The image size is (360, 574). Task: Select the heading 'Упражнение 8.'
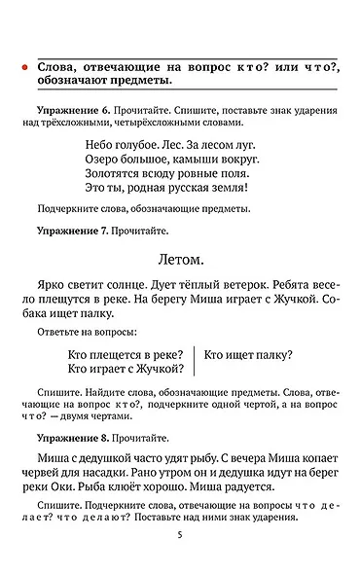pyautogui.click(x=76, y=439)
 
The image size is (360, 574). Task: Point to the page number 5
pyautogui.click(x=180, y=535)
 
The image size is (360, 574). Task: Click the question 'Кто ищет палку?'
pyautogui.click(x=248, y=355)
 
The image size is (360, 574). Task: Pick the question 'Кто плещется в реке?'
pyautogui.click(x=126, y=355)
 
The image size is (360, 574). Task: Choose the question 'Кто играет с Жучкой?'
pyautogui.click(x=126, y=370)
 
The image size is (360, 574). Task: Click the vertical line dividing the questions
pyautogui.click(x=195, y=362)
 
